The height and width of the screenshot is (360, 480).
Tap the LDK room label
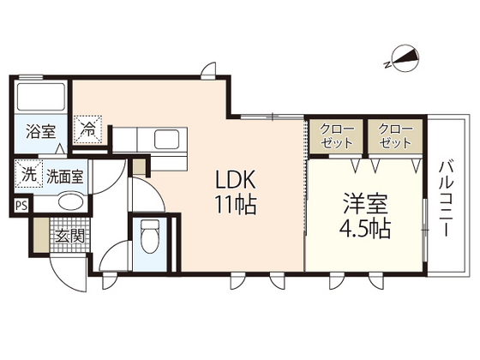point(236,180)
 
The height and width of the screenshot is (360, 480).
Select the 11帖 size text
point(236,204)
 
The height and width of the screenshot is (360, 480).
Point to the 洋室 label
point(365,204)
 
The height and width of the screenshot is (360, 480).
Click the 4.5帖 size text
point(365,228)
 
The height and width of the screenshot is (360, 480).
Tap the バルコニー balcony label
point(447,199)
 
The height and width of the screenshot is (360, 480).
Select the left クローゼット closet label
point(336,136)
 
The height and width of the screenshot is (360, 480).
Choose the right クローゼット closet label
point(395,136)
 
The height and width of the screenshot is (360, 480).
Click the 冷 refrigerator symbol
point(88,129)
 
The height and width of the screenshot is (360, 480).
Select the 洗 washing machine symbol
point(29,174)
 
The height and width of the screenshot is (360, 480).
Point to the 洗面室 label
point(64,177)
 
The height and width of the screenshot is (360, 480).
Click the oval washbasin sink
point(70,201)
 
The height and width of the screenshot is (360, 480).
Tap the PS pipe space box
point(21,206)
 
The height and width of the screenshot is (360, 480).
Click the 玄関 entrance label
point(69,236)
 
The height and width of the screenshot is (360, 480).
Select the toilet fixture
point(150,237)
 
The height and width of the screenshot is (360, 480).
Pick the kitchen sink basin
point(166,139)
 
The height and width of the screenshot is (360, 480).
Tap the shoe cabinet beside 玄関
point(41,235)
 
